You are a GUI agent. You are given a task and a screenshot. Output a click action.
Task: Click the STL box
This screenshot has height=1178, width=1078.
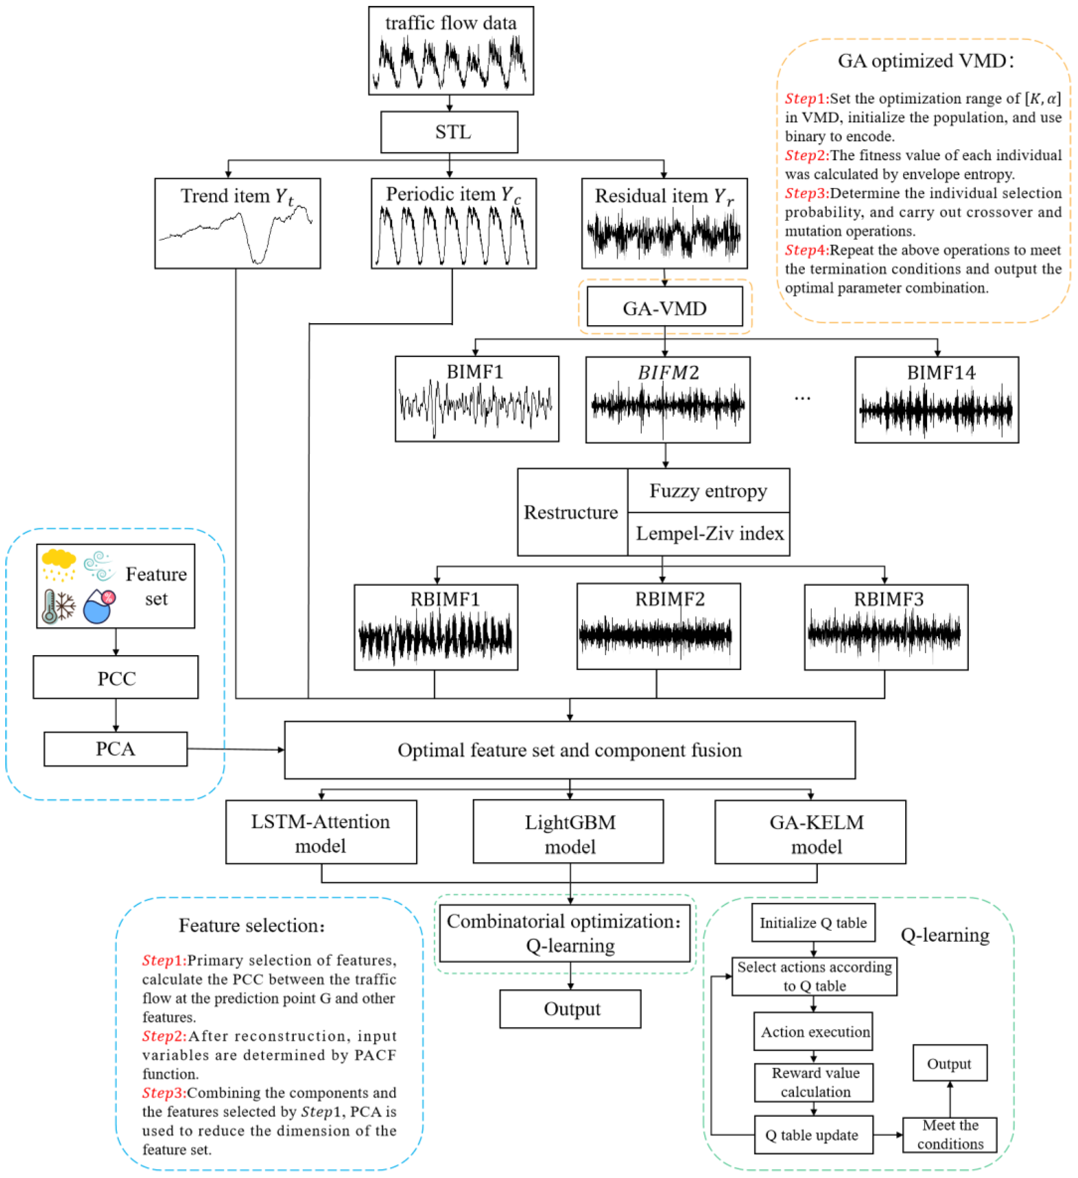[x=449, y=132]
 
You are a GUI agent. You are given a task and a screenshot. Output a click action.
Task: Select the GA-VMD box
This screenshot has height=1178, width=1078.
[x=664, y=306]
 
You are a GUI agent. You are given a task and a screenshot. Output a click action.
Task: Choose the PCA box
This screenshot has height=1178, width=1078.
[x=116, y=748]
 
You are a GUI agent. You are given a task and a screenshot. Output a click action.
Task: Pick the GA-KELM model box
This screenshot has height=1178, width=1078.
[x=810, y=832]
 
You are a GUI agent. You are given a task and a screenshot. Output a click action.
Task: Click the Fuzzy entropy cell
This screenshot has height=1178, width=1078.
[x=708, y=491]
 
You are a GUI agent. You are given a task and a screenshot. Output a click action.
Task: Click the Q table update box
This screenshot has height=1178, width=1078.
[x=813, y=1135]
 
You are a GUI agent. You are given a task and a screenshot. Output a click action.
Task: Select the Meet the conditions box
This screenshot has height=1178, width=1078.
[x=950, y=1135]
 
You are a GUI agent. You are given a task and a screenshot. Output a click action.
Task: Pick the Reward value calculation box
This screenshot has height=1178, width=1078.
[x=813, y=1082]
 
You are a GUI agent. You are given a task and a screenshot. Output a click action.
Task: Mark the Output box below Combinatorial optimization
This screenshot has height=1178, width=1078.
[x=570, y=1008]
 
